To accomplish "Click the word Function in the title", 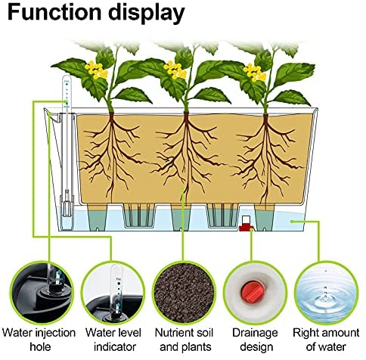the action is [54, 12].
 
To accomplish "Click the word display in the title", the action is [147, 14].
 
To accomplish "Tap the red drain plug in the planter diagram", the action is [246, 224].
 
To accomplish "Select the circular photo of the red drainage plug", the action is [255, 293].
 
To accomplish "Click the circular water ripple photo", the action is [326, 293].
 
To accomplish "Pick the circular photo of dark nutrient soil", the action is [184, 293].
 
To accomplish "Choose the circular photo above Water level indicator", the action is [113, 293].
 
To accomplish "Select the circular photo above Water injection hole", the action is [42, 293].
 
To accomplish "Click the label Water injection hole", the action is [39, 340].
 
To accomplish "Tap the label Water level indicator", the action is [113, 340].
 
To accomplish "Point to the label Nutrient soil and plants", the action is [185, 340].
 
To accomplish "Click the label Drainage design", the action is [255, 340].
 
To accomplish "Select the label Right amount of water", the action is [326, 340].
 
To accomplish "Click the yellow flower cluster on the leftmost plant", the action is [96, 70].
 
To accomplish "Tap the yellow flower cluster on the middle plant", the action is [175, 70].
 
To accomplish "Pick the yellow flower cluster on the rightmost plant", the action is [255, 73].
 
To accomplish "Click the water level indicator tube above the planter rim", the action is [67, 92].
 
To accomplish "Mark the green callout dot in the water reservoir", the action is [292, 222].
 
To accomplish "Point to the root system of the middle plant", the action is [187, 157].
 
